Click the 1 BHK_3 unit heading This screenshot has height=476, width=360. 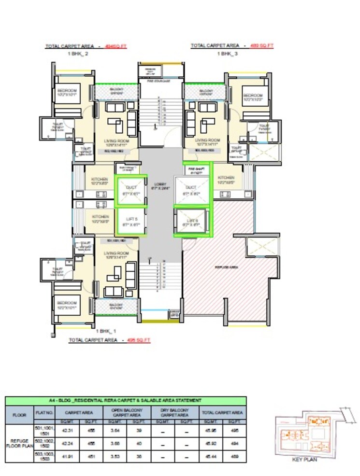coord(227,54)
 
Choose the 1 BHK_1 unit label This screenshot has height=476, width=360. coord(106,331)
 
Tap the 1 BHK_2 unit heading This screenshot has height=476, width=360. coord(79,54)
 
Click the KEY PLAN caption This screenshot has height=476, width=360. coord(305,460)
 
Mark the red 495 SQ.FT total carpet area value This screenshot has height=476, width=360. coord(139,340)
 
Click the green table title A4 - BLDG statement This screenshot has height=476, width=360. coord(125,401)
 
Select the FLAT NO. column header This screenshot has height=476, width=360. coord(42,413)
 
